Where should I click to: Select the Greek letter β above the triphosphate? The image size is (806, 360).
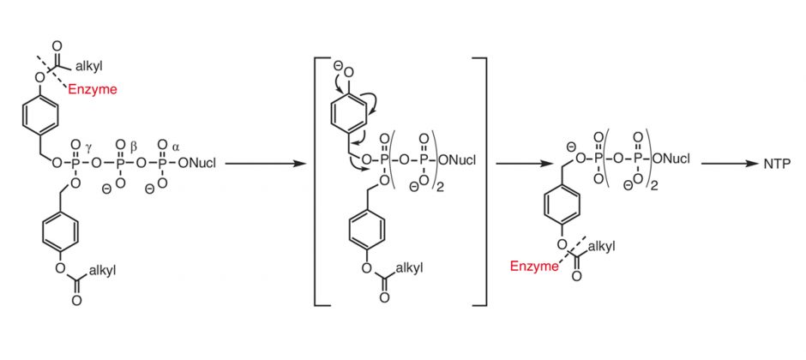pos(134,147)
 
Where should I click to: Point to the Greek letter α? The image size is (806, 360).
pos(176,147)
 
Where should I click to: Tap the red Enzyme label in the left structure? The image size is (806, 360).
pos(93,90)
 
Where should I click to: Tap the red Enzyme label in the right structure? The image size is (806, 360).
pos(534,266)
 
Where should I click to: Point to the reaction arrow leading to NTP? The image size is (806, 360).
pos(730,164)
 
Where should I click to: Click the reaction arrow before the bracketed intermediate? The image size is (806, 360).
pos(266,164)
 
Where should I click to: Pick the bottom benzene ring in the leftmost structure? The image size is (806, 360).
pos(61,232)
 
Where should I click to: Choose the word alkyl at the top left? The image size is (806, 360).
pos(89,66)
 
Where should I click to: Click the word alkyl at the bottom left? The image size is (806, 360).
pos(102,271)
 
